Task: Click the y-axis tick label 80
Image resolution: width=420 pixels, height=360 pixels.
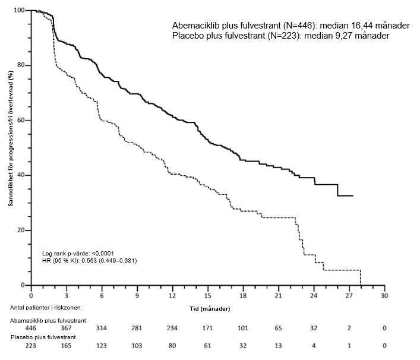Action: coord(20,65)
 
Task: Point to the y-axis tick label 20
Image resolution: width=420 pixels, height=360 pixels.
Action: coord(20,230)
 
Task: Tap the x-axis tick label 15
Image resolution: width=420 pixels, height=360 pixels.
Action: coord(207,295)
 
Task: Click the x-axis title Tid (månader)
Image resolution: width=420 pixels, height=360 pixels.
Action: coord(206,309)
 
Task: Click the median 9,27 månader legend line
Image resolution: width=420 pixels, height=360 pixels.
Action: coord(280,36)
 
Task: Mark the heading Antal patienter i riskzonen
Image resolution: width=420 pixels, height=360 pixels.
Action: coord(46,307)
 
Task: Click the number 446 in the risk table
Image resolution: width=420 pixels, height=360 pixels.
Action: coord(31,327)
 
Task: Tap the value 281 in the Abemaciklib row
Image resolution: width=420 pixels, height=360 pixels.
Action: coord(137,327)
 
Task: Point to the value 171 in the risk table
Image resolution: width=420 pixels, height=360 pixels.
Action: coord(207,327)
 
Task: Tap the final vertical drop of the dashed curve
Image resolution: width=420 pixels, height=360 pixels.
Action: coord(361,277)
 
